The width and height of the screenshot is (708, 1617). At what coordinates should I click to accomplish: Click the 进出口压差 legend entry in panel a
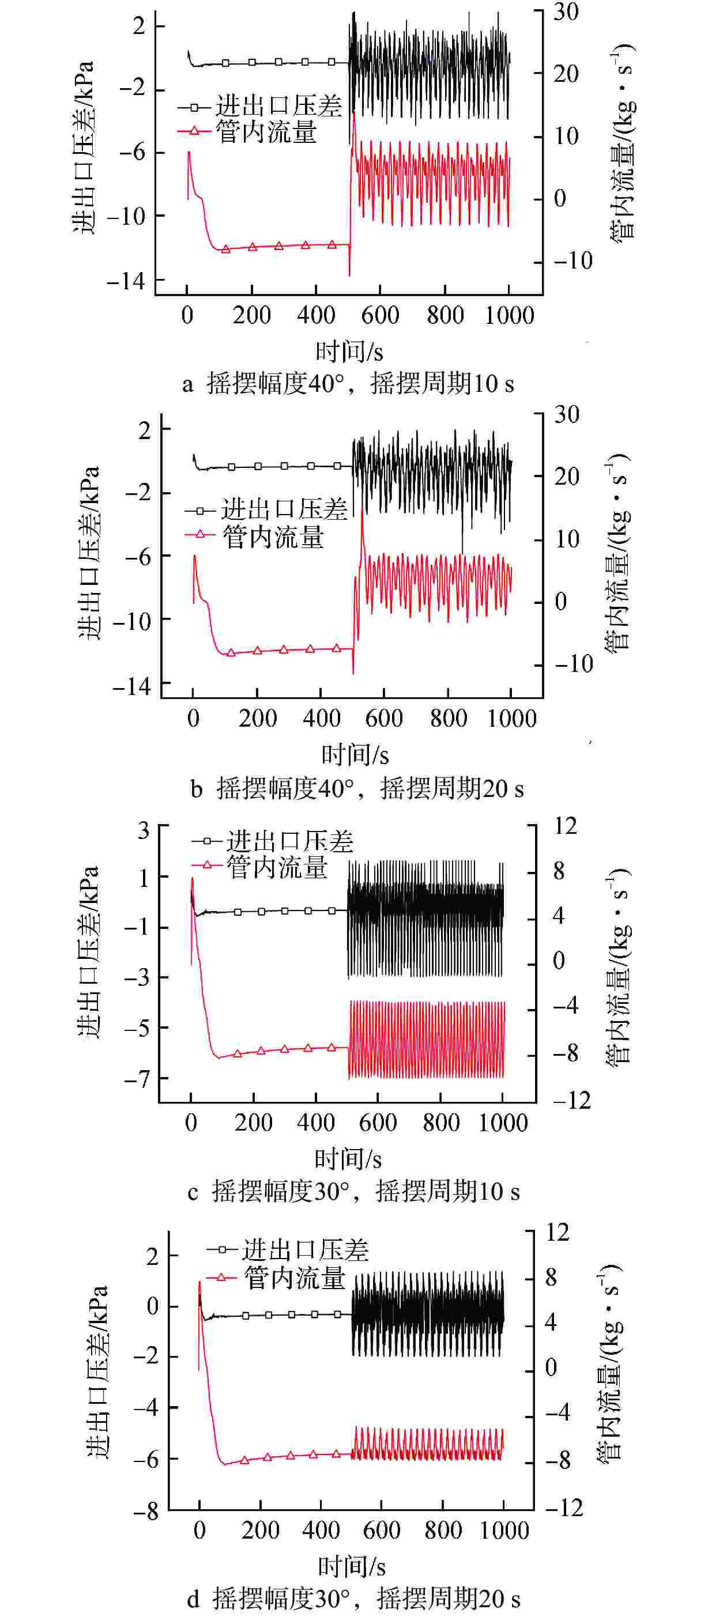click(x=278, y=105)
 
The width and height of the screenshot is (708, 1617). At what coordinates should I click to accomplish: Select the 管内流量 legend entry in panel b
click(x=273, y=537)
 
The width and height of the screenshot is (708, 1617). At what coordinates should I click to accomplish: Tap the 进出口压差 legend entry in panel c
click(x=289, y=841)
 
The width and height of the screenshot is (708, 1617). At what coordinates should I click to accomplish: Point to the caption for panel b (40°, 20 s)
click(x=357, y=788)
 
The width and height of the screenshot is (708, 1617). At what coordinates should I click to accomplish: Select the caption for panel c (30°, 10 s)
click(x=353, y=1191)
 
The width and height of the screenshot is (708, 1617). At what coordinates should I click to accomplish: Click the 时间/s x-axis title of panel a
click(x=349, y=351)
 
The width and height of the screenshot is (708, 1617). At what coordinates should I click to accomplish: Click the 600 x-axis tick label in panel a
click(x=380, y=315)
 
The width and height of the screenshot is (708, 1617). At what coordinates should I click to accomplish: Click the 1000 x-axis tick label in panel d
click(x=504, y=1530)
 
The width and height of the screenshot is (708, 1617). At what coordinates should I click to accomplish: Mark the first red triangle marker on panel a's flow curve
click(x=225, y=249)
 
